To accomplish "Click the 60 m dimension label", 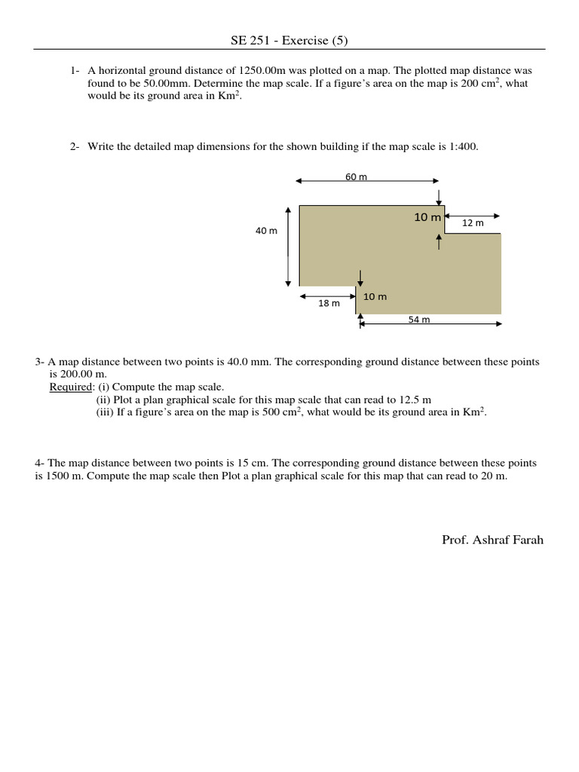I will [x=356, y=176].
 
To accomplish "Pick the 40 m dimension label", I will [x=266, y=231].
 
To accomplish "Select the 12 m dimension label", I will [x=473, y=223].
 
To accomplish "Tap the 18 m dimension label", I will [x=329, y=303].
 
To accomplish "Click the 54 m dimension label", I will [x=419, y=320].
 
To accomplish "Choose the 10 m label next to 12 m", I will [x=427, y=217].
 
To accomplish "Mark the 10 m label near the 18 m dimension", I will [x=375, y=297].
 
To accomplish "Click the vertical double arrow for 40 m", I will [x=288, y=247].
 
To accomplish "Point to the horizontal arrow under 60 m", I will [x=367, y=181].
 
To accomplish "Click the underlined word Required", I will [x=69, y=387].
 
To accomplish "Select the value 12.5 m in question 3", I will [x=412, y=400].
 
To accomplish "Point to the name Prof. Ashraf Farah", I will [x=492, y=540].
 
